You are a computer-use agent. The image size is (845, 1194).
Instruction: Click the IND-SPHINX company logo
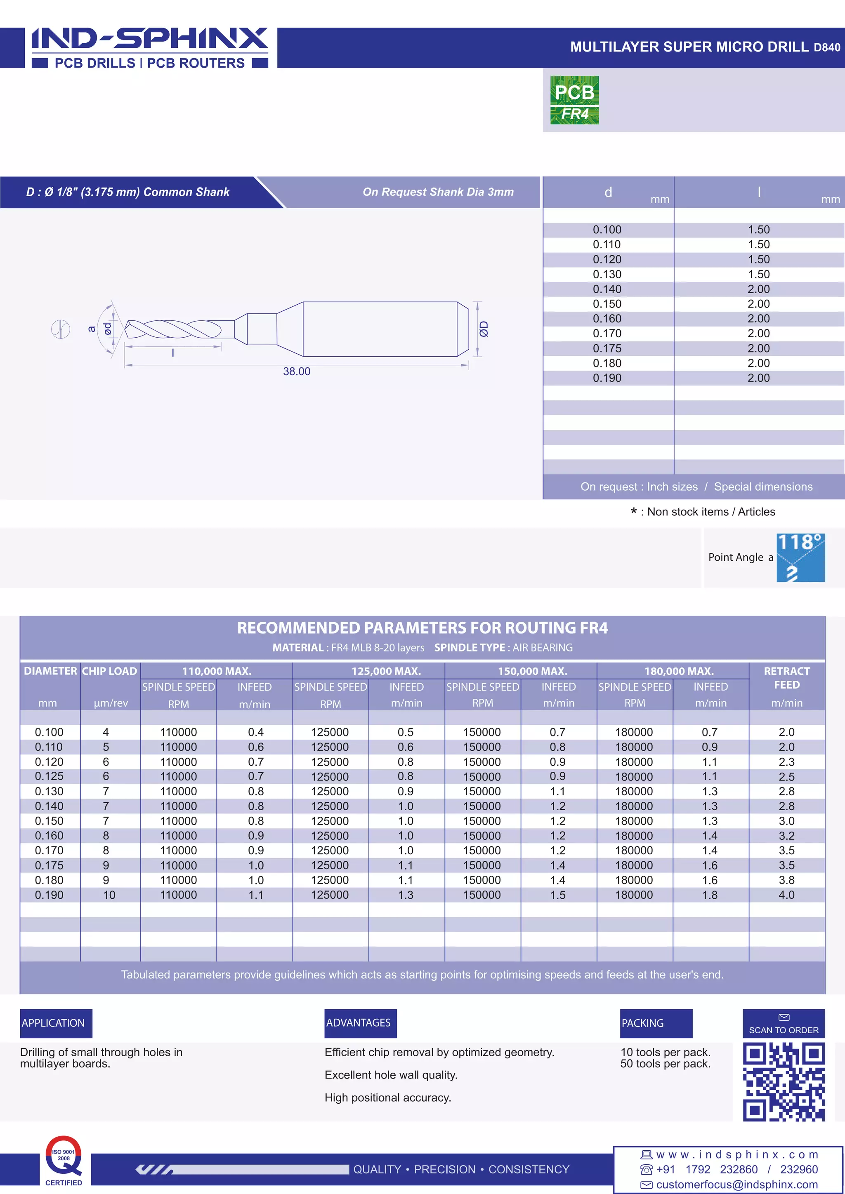(150, 47)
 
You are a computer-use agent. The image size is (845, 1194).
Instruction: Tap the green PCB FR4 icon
(574, 100)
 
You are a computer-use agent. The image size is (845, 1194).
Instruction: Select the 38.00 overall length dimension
(297, 371)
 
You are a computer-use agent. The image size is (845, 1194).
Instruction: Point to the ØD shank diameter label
(484, 329)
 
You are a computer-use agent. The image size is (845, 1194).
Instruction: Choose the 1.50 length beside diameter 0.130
(759, 274)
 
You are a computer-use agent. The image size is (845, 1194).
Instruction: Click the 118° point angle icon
(800, 557)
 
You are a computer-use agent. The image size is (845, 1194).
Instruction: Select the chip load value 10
(109, 895)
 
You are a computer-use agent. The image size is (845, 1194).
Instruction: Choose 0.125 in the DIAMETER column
(49, 776)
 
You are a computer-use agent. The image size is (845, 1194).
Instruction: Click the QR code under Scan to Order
(784, 1082)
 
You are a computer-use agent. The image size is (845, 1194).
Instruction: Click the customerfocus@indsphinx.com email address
(737, 1185)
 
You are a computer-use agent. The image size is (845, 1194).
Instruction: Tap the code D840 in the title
(827, 47)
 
